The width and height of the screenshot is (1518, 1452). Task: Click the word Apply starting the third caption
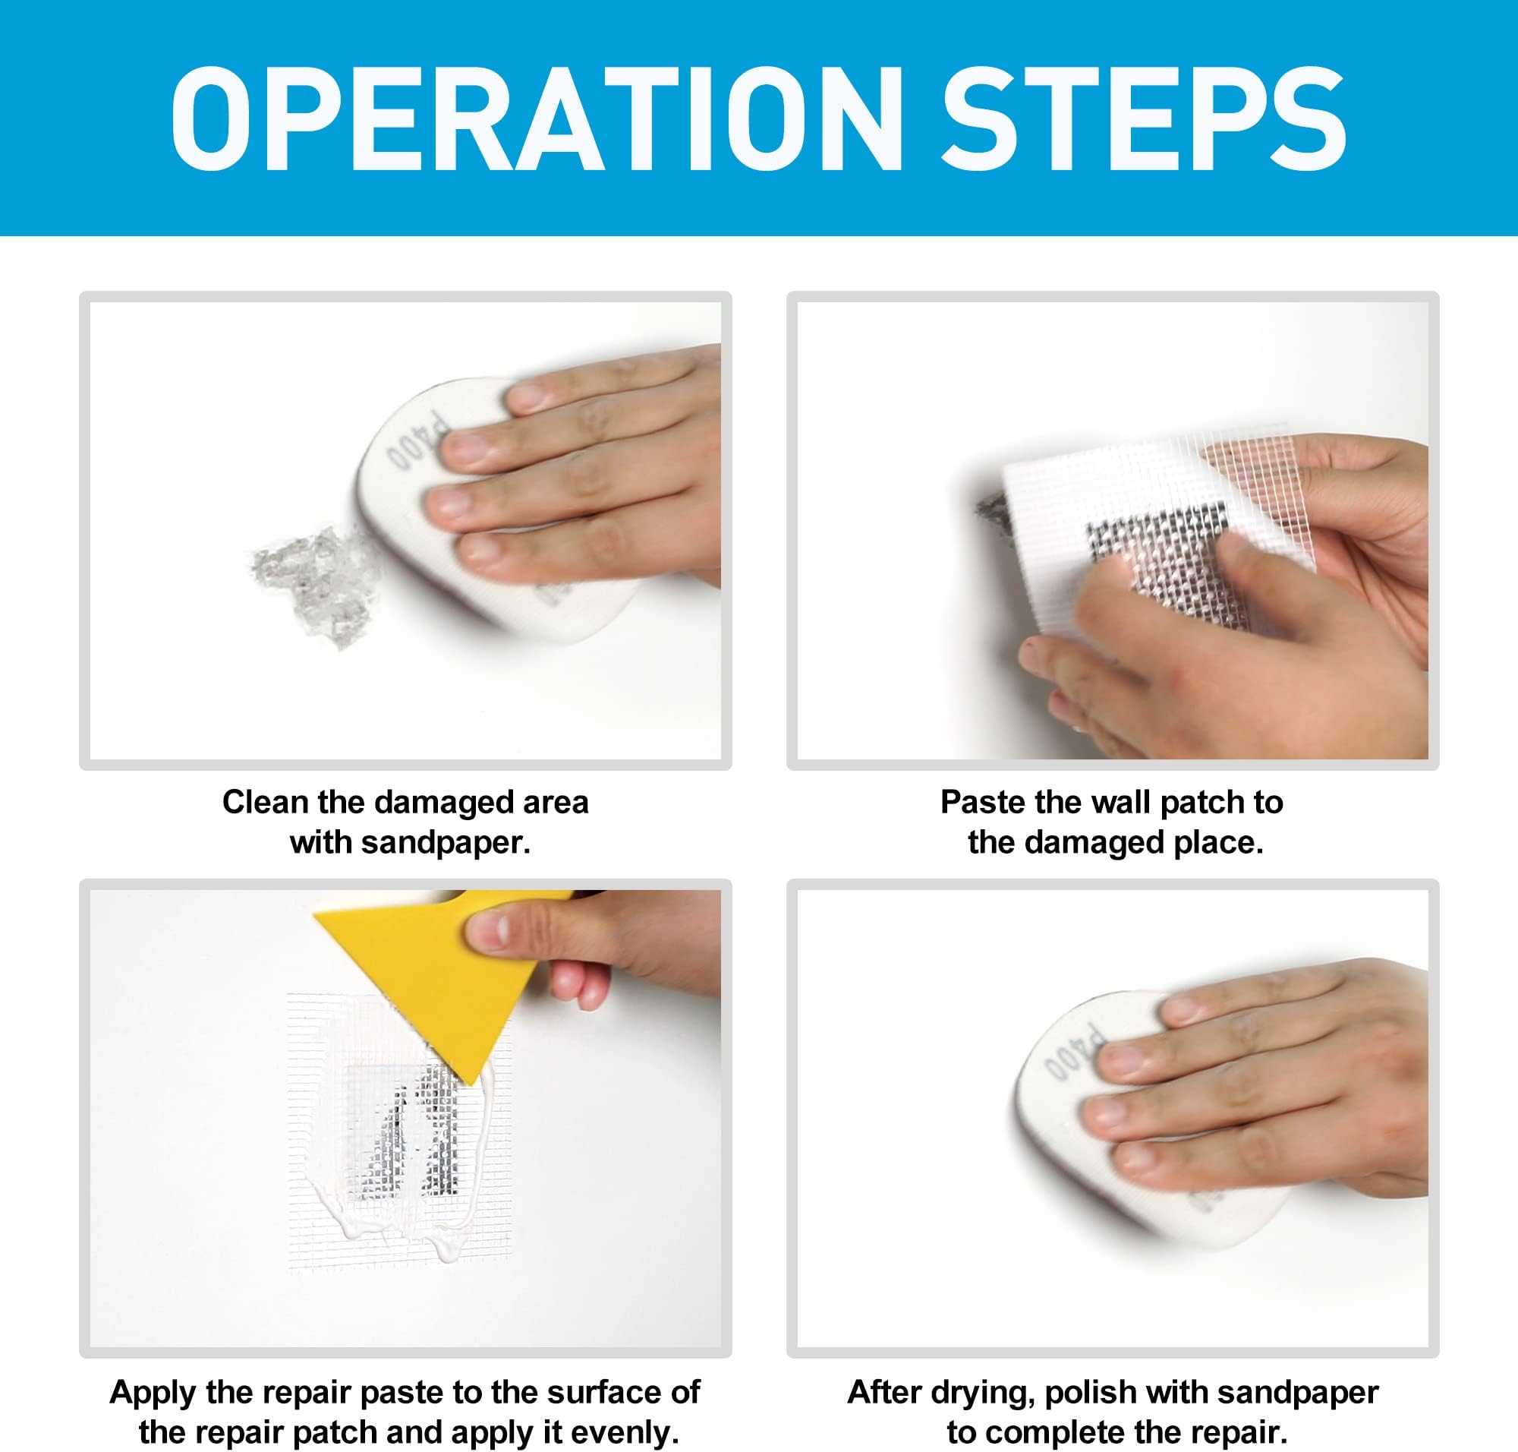(153, 1392)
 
